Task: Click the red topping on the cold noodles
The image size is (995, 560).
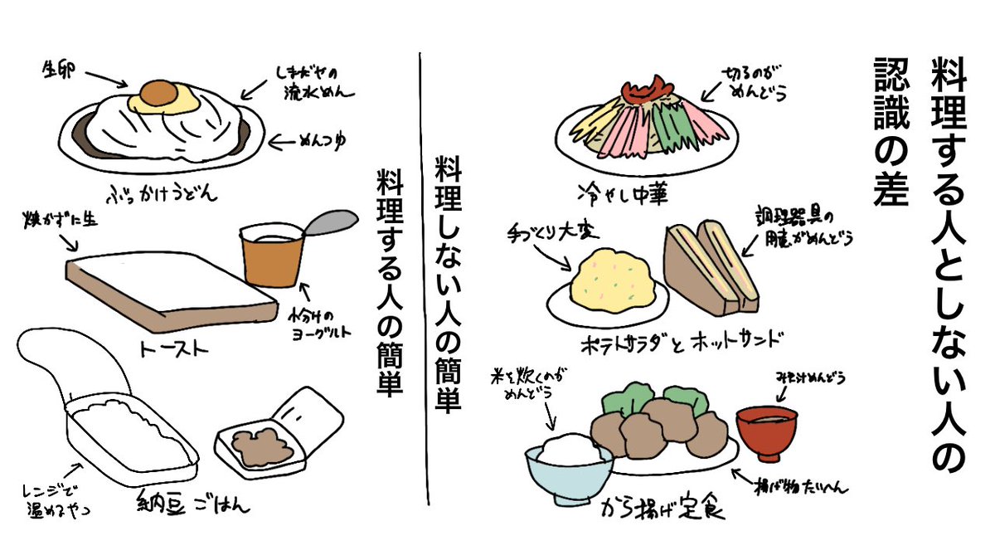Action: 647,85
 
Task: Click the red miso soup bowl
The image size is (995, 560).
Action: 766,431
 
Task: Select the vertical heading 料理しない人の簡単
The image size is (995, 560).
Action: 449,282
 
